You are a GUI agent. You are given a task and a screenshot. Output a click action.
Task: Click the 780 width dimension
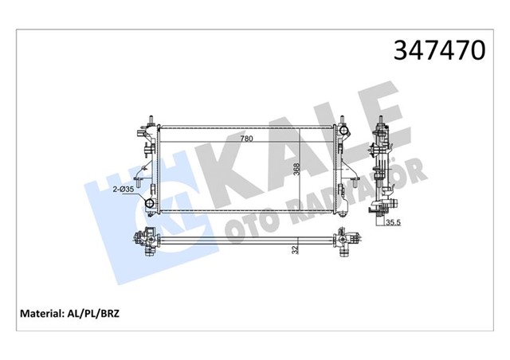tap(246, 139)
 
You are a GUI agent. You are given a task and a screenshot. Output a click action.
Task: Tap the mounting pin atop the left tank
tap(150, 119)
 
